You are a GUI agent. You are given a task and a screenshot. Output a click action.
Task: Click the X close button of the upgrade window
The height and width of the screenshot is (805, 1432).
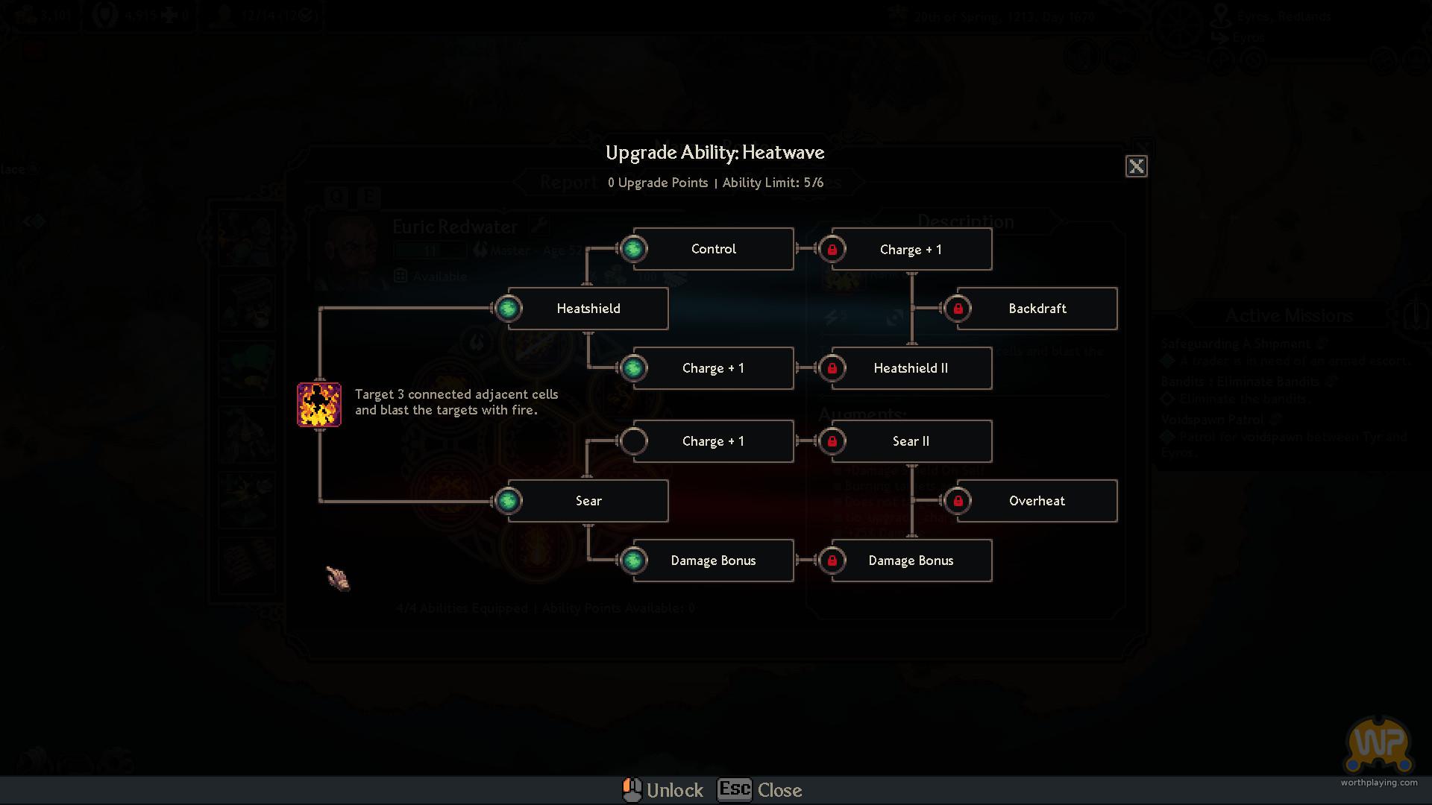pos(1136,166)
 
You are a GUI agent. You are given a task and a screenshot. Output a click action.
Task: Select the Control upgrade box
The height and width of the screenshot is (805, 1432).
pos(713,249)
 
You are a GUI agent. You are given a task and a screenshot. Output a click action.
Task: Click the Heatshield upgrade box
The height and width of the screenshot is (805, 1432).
pos(588,309)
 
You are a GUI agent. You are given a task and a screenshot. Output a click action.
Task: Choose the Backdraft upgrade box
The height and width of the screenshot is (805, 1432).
pos(1037,309)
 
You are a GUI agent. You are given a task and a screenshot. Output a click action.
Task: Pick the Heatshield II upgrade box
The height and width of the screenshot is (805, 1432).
pos(911,368)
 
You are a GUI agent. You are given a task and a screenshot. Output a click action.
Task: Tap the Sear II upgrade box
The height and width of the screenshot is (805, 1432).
pos(911,441)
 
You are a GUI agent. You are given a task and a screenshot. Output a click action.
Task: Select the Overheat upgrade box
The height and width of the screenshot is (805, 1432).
pos(1037,501)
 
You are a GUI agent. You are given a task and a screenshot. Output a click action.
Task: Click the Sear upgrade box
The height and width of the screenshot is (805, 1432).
pos(588,501)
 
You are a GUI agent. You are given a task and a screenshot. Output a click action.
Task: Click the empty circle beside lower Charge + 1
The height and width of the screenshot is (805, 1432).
pos(633,441)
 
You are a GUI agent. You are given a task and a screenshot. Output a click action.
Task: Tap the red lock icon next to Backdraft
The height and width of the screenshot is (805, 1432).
pos(958,309)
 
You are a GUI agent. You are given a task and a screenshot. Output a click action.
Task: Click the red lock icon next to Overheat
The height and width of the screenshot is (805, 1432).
pos(958,501)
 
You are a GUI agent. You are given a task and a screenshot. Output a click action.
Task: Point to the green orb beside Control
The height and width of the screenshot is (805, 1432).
pos(633,249)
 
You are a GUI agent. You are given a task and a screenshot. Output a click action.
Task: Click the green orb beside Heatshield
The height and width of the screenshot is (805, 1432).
pos(508,309)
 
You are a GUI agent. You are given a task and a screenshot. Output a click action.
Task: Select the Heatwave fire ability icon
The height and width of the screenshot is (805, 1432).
pos(319,405)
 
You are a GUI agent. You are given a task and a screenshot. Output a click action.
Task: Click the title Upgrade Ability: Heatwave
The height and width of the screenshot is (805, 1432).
pos(715,153)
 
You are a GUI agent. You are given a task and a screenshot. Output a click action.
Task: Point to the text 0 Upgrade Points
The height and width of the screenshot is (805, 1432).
pos(657,183)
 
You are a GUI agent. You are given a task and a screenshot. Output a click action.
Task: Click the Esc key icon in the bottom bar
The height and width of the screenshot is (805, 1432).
pos(735,789)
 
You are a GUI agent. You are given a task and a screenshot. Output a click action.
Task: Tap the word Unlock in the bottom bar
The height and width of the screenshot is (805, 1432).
pos(674,790)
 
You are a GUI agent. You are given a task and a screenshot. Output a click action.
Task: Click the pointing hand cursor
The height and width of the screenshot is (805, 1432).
pos(338,578)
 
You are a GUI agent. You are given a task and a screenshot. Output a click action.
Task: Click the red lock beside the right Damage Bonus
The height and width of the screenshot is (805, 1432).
pos(832,561)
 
